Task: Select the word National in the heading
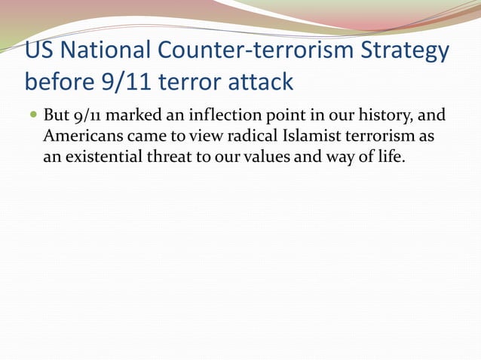(x=104, y=51)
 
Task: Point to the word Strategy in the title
(x=412, y=51)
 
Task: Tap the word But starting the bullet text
(x=57, y=117)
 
